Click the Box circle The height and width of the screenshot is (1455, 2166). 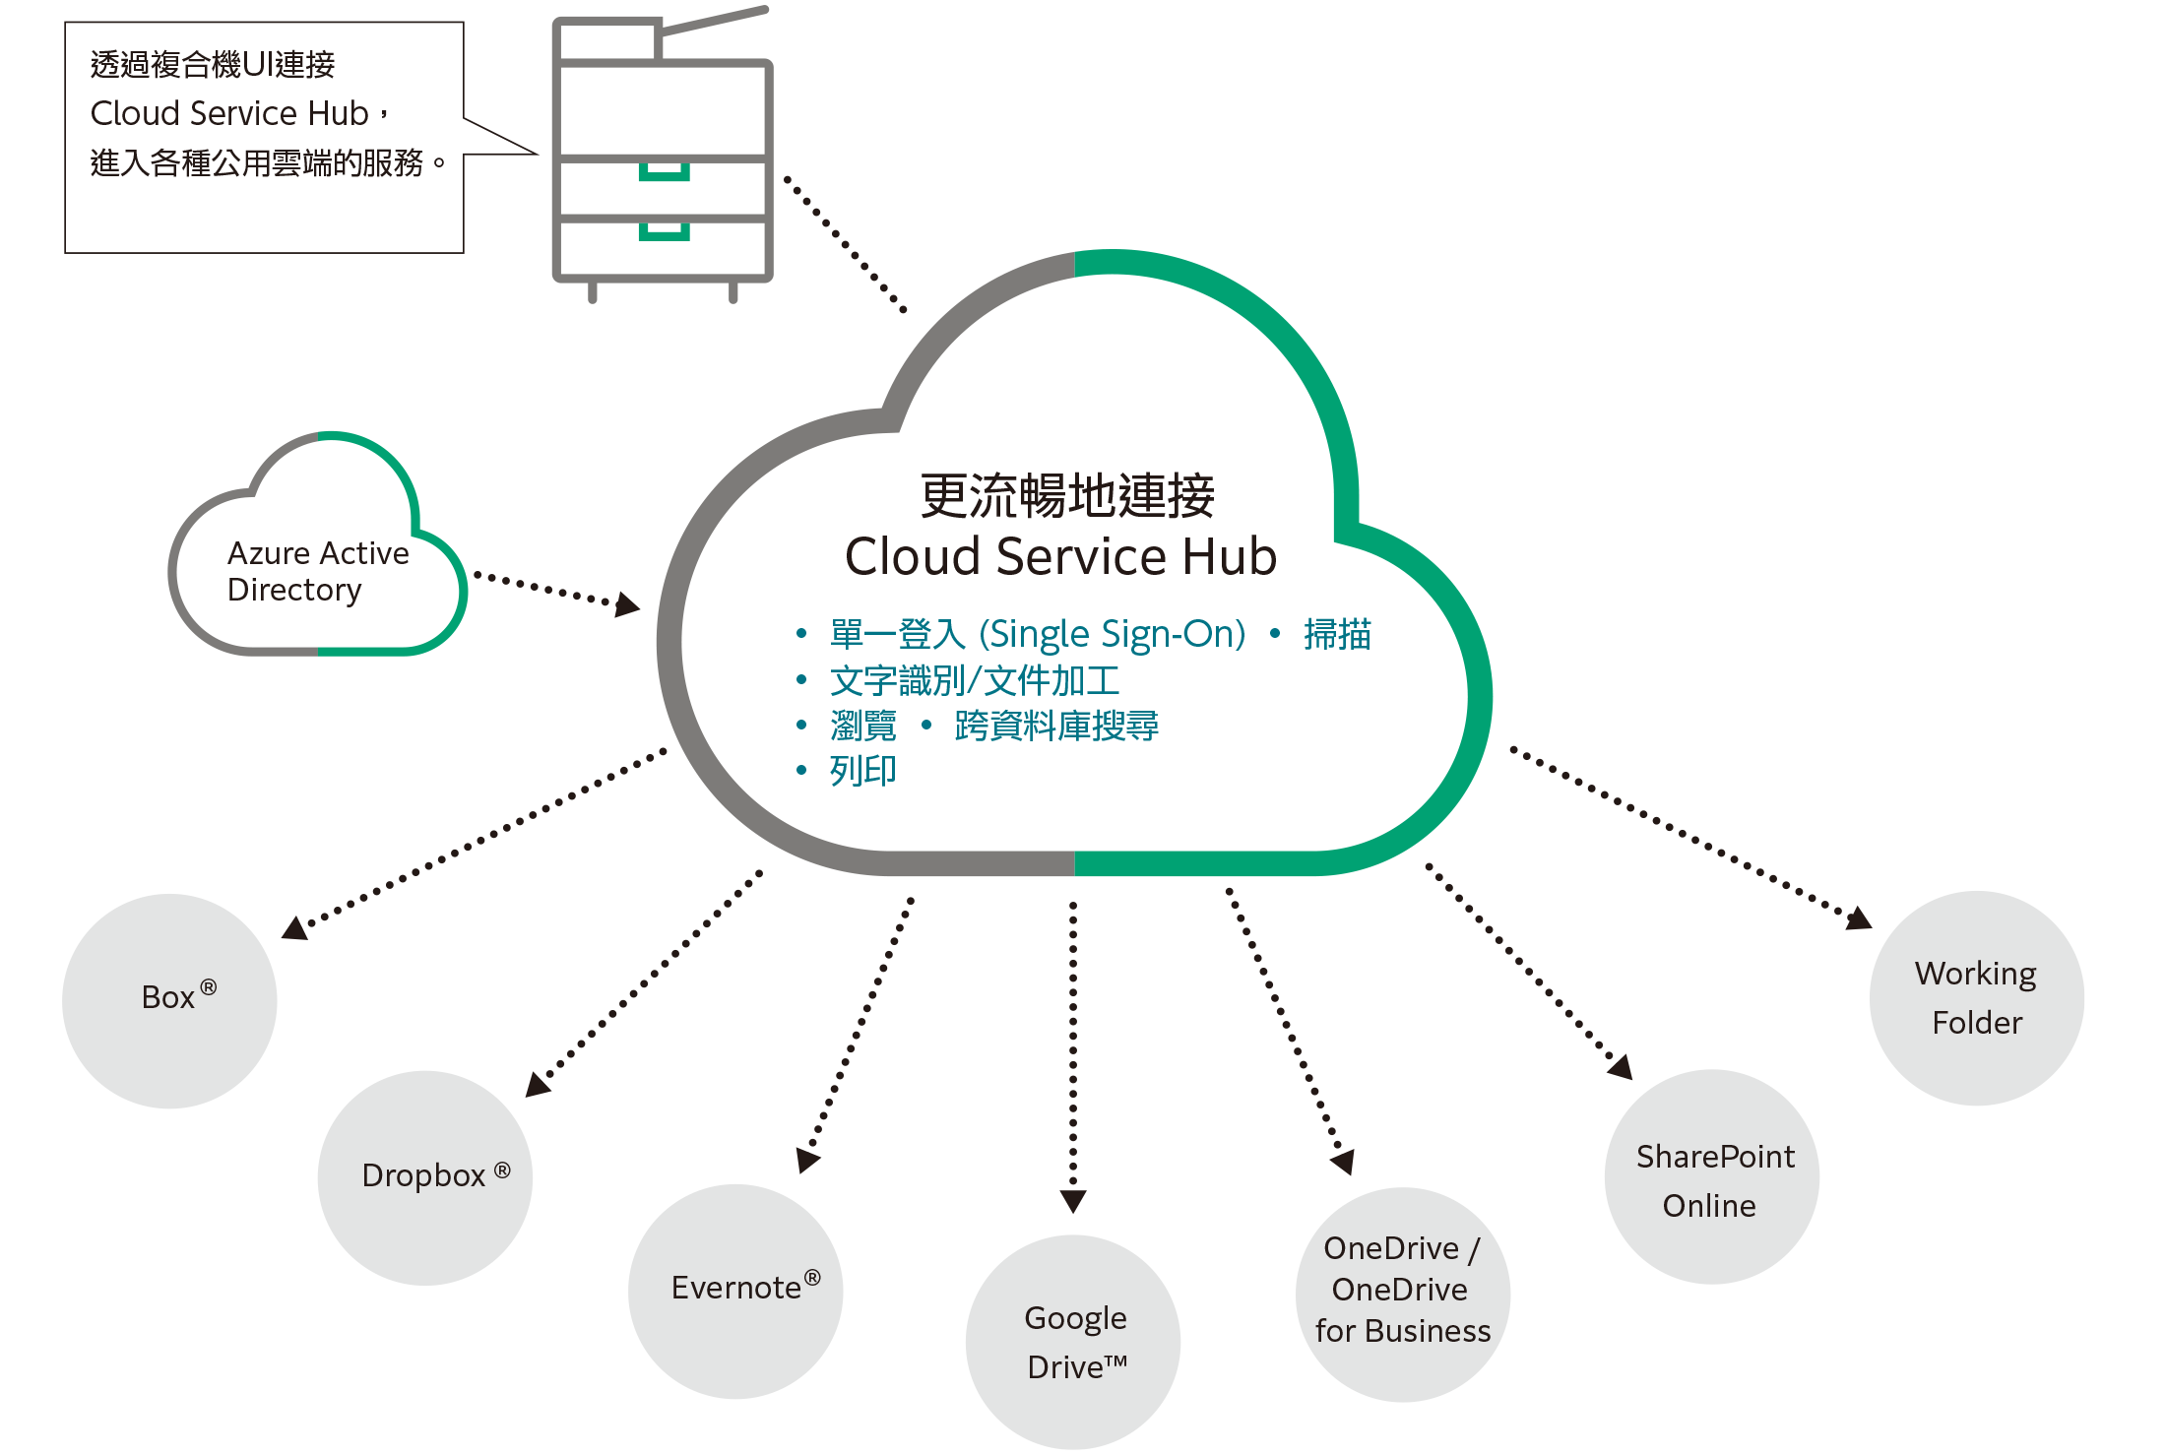click(x=169, y=1000)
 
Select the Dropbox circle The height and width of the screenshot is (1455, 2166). click(x=424, y=1177)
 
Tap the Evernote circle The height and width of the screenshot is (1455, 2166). click(x=735, y=1291)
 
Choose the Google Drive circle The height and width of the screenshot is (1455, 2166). click(x=1073, y=1342)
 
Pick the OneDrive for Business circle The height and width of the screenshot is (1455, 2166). click(x=1402, y=1294)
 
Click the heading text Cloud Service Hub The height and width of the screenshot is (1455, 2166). click(x=1060, y=556)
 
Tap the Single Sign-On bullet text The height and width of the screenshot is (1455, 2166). click(x=1038, y=635)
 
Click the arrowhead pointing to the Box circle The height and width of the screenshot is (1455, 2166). click(x=294, y=928)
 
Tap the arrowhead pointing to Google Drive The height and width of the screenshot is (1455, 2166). click(x=1073, y=1201)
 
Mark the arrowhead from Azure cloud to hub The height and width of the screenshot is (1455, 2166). click(x=627, y=604)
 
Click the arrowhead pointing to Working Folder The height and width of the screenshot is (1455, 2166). click(x=1859, y=918)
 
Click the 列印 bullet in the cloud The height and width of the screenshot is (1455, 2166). click(x=862, y=771)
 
